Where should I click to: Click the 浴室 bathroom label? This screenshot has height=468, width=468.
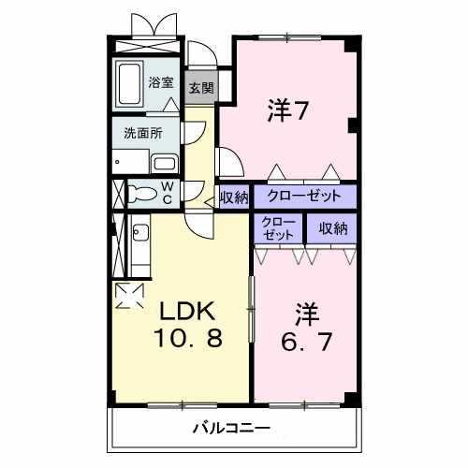point(161,82)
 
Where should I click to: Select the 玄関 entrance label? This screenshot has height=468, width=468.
point(199,89)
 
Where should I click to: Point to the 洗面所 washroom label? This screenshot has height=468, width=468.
point(143,132)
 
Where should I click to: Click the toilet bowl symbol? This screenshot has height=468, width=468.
point(142,195)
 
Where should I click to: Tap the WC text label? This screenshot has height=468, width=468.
point(168,193)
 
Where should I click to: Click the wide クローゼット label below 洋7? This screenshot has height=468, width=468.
point(304,197)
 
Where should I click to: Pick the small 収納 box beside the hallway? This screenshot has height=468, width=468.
point(234,197)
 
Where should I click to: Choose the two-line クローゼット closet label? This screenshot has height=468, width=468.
point(278,229)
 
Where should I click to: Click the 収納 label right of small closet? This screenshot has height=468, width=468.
point(331,228)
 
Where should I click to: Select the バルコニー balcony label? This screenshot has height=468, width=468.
point(232,429)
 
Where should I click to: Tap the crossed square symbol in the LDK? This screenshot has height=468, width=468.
point(127,295)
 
